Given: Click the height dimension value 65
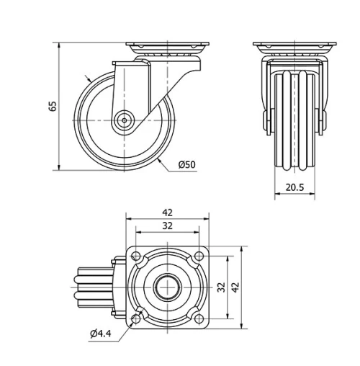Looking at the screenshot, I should (52, 106).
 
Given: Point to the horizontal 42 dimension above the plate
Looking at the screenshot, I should (168, 213).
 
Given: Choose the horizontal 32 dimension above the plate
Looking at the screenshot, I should (168, 226).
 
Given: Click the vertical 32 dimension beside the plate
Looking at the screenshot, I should (222, 286).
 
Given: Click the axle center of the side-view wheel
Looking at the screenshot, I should (125, 120).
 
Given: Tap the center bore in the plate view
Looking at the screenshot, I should (168, 286).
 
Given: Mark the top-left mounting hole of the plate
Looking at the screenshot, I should (136, 254).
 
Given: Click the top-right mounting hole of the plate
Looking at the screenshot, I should (199, 254).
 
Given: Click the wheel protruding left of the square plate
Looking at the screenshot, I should (93, 286).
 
